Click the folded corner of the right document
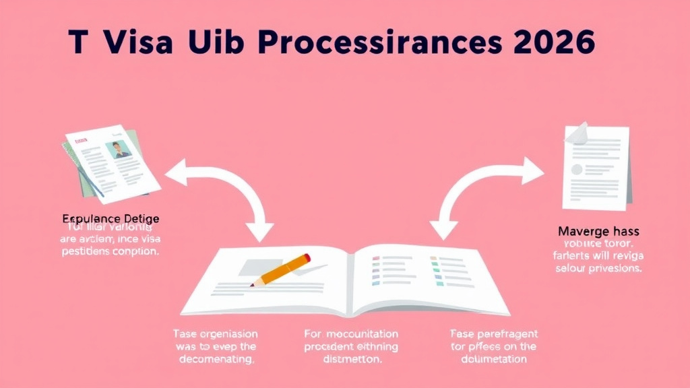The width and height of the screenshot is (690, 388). (x=577, y=133)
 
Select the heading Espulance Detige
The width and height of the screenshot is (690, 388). (x=111, y=219)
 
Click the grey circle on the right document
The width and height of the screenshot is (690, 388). (x=577, y=169)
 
